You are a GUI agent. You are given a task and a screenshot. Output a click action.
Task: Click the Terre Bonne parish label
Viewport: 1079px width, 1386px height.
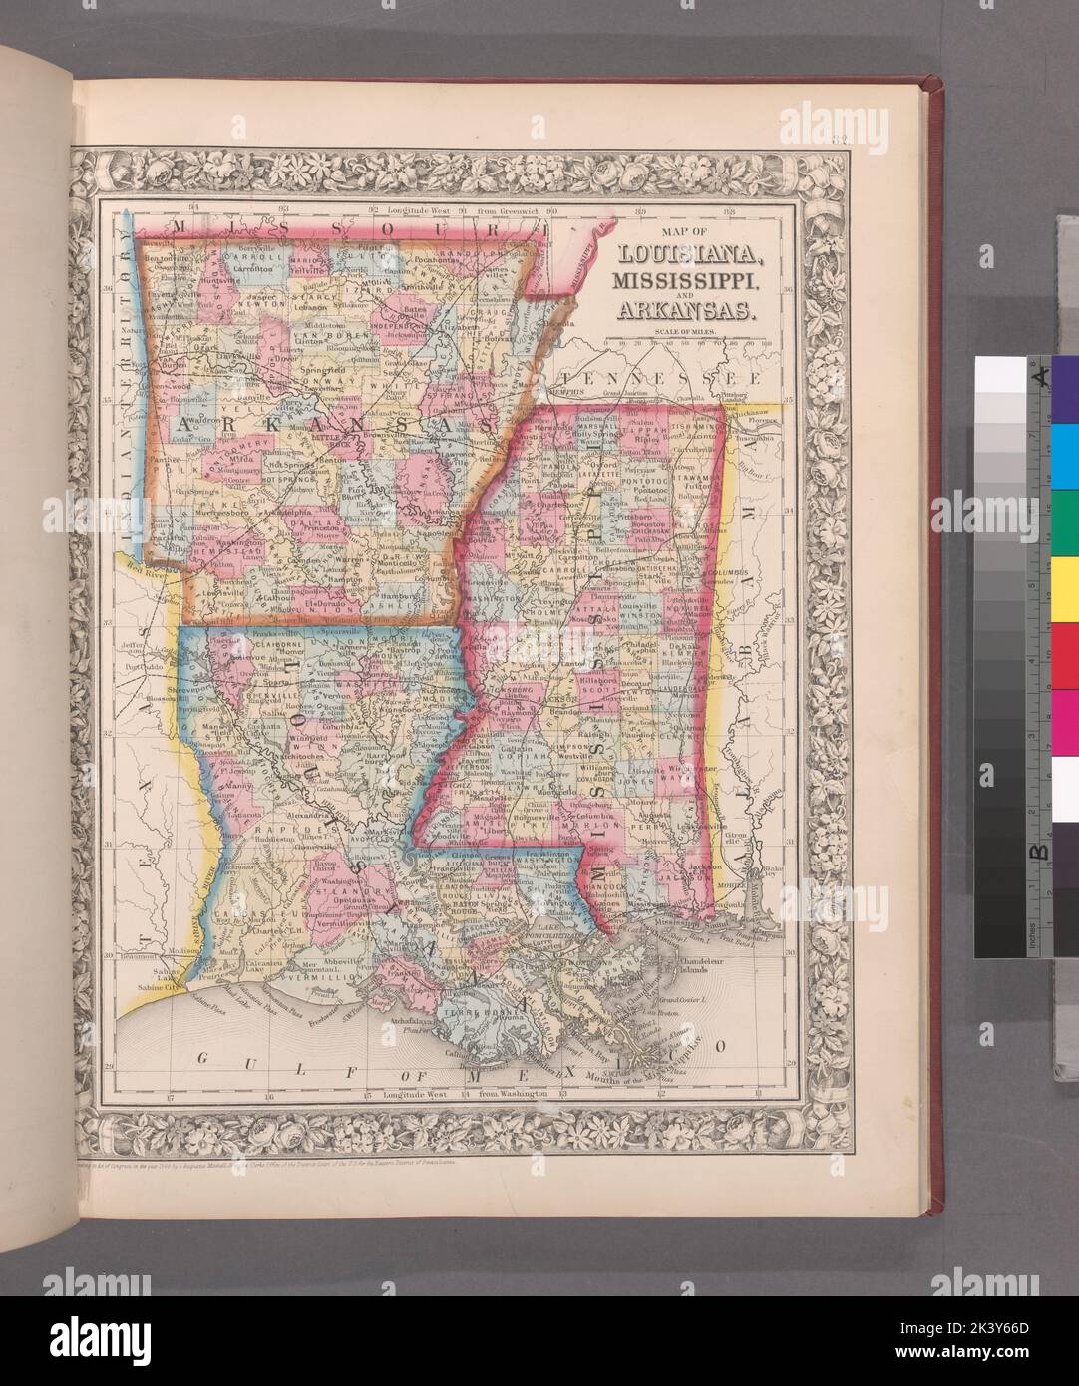(471, 1009)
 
